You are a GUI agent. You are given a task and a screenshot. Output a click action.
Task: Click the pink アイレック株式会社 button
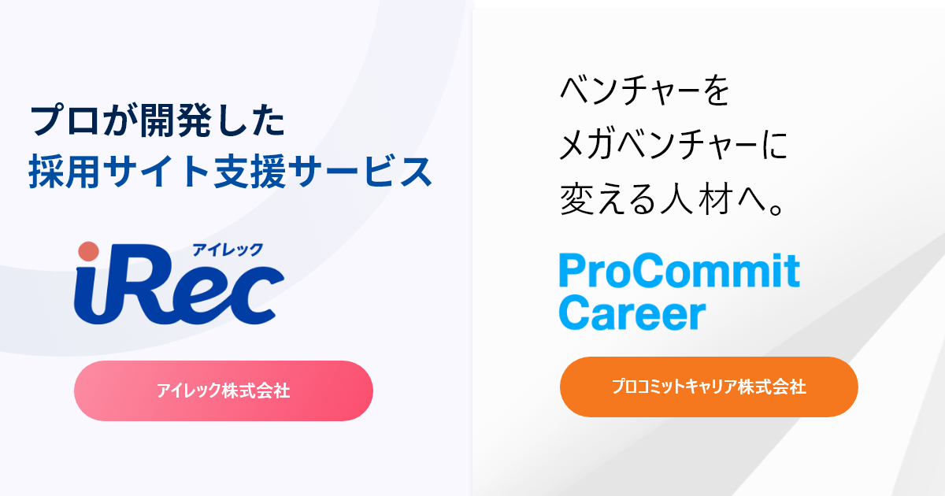(x=224, y=391)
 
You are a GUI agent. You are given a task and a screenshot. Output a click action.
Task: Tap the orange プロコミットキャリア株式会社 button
(x=709, y=387)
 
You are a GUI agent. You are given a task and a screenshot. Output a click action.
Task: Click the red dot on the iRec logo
(x=88, y=251)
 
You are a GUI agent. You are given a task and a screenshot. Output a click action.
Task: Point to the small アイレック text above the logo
(x=228, y=250)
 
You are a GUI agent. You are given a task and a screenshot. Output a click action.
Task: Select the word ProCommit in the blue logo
(x=679, y=270)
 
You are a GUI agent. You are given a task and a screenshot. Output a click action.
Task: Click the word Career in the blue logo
(x=632, y=313)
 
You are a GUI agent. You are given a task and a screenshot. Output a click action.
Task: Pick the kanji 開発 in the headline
(x=176, y=121)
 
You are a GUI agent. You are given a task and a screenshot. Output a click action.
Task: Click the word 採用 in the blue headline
(x=65, y=172)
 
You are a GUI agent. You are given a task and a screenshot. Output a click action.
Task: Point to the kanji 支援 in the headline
(x=250, y=172)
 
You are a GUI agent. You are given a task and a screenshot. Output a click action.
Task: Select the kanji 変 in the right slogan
(x=576, y=198)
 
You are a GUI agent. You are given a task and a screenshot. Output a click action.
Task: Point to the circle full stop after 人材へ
(x=776, y=209)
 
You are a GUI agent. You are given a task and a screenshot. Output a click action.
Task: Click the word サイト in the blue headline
(x=157, y=172)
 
